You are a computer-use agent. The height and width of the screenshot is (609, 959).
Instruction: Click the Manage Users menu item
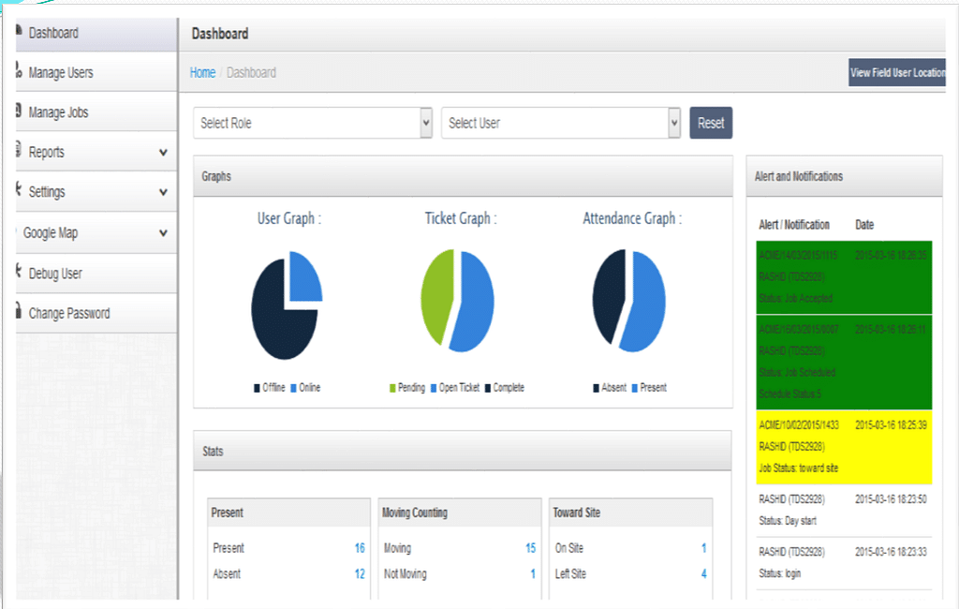[x=60, y=73]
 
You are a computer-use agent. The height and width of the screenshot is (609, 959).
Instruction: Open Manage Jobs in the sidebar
[x=58, y=112]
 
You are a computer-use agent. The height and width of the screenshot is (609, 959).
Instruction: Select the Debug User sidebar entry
[x=55, y=274]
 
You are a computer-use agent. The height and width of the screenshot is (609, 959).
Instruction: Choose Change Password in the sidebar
[x=68, y=313]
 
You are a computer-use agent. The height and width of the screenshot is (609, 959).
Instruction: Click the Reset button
[x=711, y=123]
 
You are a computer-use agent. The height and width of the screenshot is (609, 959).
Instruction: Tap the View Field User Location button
[x=897, y=72]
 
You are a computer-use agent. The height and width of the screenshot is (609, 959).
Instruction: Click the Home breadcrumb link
[x=202, y=72]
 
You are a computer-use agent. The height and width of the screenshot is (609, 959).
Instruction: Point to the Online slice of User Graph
[x=305, y=276]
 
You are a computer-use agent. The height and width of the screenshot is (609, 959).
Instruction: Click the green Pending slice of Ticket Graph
[x=435, y=295]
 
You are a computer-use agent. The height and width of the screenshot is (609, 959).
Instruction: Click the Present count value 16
[x=360, y=548]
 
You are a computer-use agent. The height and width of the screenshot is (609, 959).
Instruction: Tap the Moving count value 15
[x=530, y=548]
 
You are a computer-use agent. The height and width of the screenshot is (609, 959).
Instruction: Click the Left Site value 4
[x=704, y=573]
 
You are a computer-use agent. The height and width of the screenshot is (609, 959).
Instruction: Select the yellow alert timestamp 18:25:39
[x=890, y=424]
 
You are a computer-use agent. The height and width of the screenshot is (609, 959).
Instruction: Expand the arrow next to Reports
[x=163, y=152]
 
